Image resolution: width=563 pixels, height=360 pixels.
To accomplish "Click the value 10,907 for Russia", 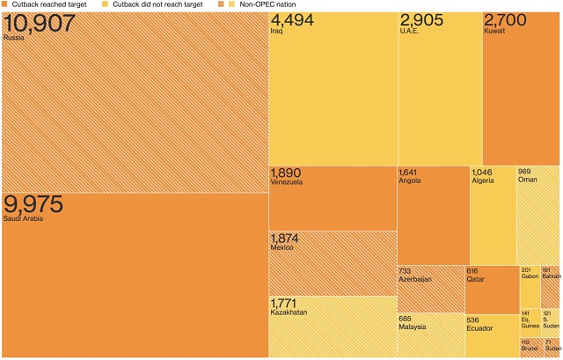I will pyautogui.click(x=39, y=23).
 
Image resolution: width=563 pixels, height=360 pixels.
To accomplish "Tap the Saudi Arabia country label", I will pyautogui.click(x=23, y=218).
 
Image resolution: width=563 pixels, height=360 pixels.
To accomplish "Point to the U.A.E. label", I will pyautogui.click(x=411, y=32).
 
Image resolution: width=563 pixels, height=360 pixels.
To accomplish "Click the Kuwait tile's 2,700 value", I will pyautogui.click(x=506, y=21).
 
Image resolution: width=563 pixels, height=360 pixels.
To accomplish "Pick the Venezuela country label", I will pyautogui.click(x=287, y=182).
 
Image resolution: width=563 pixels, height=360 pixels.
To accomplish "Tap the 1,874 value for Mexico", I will pyautogui.click(x=286, y=239).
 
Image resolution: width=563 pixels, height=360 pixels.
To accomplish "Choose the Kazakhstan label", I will pyautogui.click(x=289, y=312).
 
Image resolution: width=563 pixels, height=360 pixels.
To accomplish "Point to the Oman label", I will pyautogui.click(x=527, y=180).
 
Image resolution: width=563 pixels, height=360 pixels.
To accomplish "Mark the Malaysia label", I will pyautogui.click(x=412, y=327).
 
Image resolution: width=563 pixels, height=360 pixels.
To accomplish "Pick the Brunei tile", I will pyautogui.click(x=530, y=347).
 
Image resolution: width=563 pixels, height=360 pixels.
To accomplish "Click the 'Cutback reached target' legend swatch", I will pyautogui.click(x=5, y=4).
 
